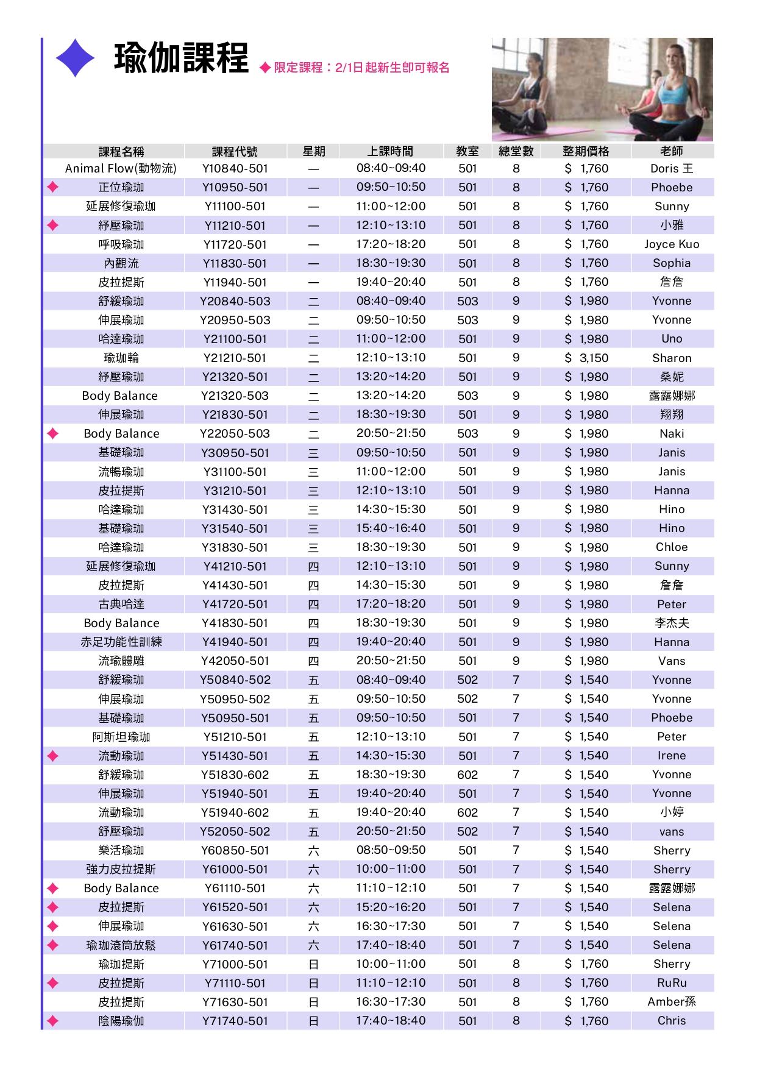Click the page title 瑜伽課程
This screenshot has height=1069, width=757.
point(181,59)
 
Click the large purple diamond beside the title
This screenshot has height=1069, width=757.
point(76,58)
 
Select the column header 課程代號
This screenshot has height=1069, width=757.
point(235,152)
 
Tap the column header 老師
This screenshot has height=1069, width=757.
point(672,152)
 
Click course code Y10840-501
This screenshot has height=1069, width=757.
point(235,169)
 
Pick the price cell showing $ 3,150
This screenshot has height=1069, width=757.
point(586,358)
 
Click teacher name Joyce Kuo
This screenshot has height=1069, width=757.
point(672,244)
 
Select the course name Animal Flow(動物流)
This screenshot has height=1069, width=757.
point(121,169)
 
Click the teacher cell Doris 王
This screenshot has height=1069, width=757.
point(672,169)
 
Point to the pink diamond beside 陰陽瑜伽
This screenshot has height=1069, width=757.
point(53,1021)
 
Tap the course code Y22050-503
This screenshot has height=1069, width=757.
point(235,434)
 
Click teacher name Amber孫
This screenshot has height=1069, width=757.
point(672,1002)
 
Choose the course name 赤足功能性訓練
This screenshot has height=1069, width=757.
point(121,642)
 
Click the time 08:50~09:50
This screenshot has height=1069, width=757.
point(391,850)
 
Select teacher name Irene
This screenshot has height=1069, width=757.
point(672,756)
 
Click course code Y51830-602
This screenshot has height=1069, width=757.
point(235,775)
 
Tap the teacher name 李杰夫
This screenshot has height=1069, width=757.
point(672,623)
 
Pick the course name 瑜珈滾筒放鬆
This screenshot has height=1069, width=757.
point(121,945)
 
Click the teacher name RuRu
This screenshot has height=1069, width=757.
point(672,983)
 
